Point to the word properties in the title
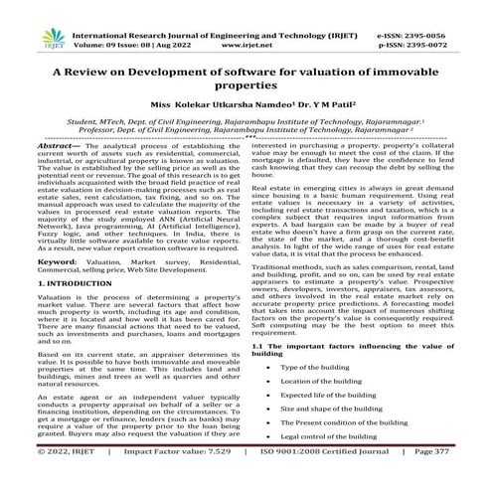(x=246, y=91)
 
